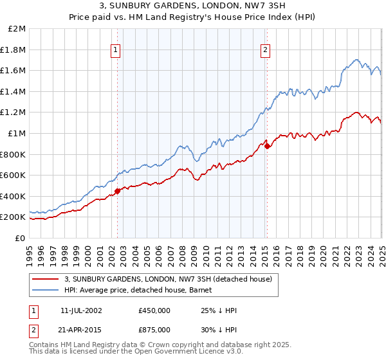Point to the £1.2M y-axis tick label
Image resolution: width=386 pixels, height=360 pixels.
(14, 113)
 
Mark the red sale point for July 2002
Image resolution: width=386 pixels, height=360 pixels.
(118, 191)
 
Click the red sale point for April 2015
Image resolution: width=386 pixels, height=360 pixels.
(268, 147)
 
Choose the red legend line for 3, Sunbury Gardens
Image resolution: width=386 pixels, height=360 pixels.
(46, 279)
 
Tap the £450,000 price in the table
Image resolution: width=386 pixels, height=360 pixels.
(154, 310)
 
